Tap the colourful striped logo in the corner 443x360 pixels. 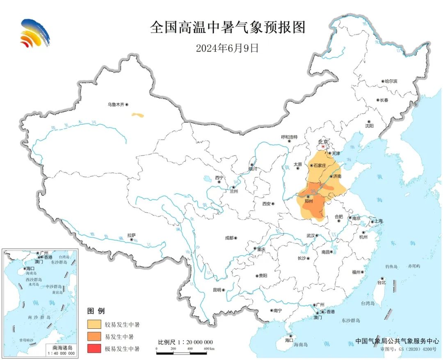[35, 33]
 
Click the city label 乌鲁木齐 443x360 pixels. [116, 105]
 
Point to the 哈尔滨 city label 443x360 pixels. [390, 82]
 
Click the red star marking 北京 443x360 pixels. [323, 147]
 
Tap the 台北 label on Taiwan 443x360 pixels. [381, 283]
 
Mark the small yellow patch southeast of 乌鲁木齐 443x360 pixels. [138, 115]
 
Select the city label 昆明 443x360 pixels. [217, 290]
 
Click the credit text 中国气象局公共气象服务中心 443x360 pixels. [397, 341]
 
